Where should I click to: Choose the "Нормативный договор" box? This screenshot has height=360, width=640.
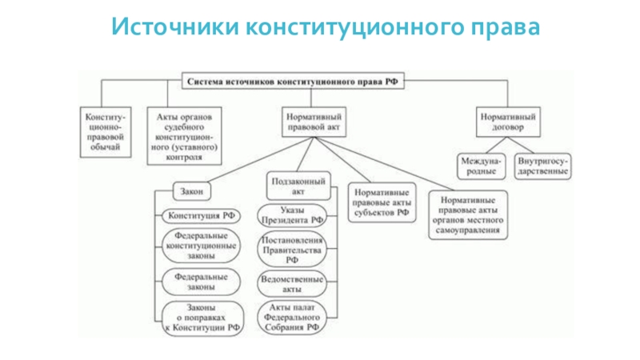tap(507, 122)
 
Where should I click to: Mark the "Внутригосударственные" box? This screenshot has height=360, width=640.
tap(542, 166)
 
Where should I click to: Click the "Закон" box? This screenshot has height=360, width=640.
tap(192, 192)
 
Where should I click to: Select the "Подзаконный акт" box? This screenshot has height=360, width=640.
tap(298, 186)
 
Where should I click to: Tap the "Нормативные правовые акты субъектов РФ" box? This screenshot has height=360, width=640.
tap(381, 203)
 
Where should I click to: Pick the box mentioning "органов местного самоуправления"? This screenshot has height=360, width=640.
tap(468, 214)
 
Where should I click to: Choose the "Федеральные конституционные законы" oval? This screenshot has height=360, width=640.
tap(202, 246)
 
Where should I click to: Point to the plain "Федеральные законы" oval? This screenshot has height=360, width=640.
tap(202, 281)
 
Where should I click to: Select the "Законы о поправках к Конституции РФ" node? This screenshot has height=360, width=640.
tap(202, 318)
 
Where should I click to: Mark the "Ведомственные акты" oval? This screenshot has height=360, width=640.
tap(291, 284)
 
